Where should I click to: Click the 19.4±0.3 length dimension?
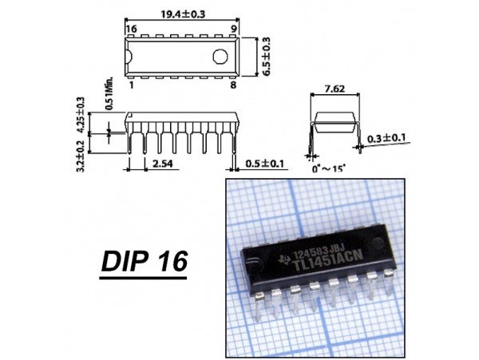[x=183, y=14]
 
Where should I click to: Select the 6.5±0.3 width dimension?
[x=266, y=57]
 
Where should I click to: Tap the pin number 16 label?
[x=132, y=29]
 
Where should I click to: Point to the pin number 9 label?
[x=234, y=29]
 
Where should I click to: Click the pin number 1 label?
[x=132, y=85]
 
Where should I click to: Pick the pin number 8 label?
[x=233, y=85]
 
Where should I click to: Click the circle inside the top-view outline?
[x=220, y=57]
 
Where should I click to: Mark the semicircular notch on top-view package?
[x=129, y=57]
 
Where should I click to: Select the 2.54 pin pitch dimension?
[x=163, y=164]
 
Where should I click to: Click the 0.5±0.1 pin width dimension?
[x=264, y=164]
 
